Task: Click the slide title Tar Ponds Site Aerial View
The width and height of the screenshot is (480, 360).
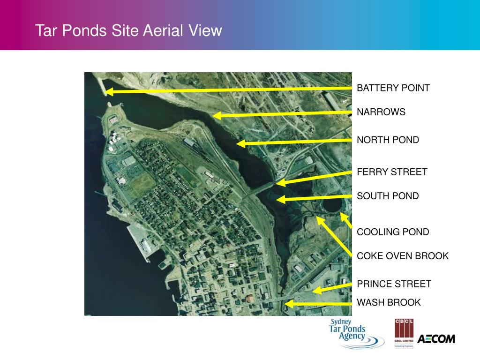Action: tap(128, 31)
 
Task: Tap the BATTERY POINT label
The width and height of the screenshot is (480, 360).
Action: tap(393, 88)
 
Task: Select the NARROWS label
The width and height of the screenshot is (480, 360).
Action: tap(381, 112)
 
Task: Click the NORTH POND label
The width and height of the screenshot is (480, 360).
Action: tap(388, 140)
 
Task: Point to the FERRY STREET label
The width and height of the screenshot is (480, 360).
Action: tap(392, 172)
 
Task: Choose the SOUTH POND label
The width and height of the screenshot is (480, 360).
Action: tap(388, 196)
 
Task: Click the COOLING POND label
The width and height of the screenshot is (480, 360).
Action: tap(393, 232)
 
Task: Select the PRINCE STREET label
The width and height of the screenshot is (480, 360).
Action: tap(394, 284)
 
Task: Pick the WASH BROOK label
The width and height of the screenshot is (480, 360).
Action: tap(389, 302)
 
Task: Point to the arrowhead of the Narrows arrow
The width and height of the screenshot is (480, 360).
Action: tap(216, 115)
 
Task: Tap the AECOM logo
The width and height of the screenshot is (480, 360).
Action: tap(436, 338)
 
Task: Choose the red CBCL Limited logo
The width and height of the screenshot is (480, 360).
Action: tap(403, 333)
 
